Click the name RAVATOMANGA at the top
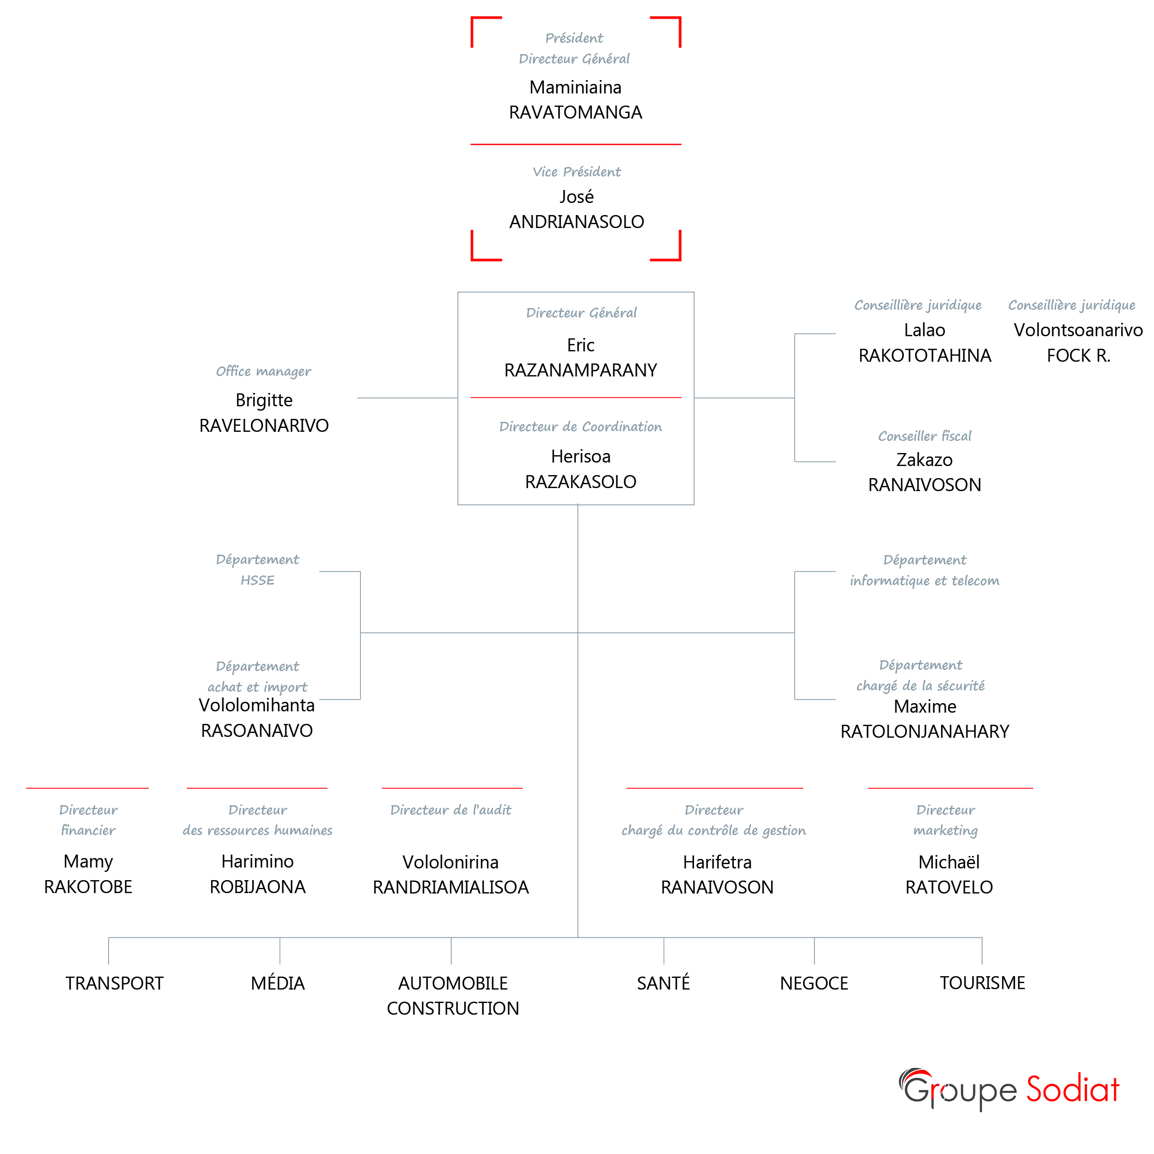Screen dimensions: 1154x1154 [575, 113]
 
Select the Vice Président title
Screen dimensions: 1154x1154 [576, 172]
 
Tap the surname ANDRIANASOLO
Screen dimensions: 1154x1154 [576, 222]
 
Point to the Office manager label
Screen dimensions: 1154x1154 [264, 372]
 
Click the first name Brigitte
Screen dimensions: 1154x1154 [264, 400]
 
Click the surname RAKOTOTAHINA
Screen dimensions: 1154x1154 [925, 355]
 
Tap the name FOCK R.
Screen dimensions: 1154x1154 [1078, 355]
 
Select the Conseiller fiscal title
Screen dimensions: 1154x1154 [925, 436]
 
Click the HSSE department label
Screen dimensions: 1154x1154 [257, 580]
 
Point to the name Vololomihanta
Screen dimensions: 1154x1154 [257, 705]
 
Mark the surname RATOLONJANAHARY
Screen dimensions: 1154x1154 [925, 731]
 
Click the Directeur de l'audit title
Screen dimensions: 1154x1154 [451, 810]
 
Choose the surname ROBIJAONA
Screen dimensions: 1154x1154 [257, 887]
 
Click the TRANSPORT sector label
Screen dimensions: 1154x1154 [114, 983]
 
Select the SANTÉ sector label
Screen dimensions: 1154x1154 [663, 983]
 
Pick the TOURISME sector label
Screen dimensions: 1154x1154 [982, 983]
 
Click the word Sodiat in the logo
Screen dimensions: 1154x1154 [1072, 1090]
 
